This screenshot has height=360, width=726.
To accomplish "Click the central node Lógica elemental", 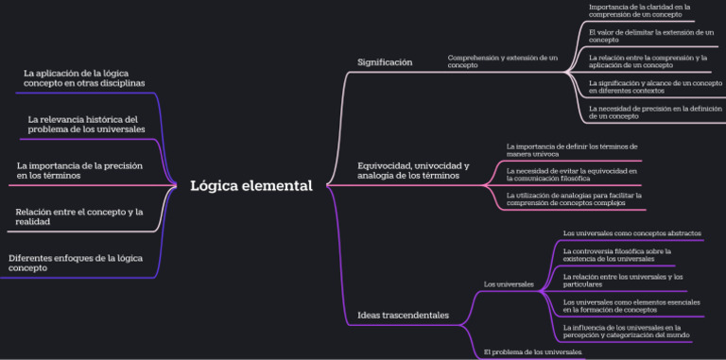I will coord(251,185).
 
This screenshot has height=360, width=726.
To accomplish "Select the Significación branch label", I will coord(385,62).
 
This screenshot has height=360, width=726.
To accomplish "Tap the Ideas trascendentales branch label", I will coord(403,315).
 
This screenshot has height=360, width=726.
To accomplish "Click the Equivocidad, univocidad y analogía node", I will coord(407,170).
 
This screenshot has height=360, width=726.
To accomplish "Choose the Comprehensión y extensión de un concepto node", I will coord(502,60).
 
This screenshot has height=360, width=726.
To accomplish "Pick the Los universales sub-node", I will coord(509,283).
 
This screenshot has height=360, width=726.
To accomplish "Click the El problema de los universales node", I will coord(532,351).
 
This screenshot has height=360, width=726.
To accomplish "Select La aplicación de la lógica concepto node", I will coord(84,77).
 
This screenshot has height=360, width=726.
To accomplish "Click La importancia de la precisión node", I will coord(79,170).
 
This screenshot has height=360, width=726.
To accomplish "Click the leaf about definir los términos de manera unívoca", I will coord(571,149).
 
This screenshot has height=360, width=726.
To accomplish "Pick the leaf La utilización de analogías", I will coord(574,197).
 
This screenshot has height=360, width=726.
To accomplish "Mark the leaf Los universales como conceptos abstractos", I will coord(631,232).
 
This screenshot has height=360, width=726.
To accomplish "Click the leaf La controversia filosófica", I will coord(616,254).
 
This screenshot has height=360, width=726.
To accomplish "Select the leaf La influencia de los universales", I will coord(625,331).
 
